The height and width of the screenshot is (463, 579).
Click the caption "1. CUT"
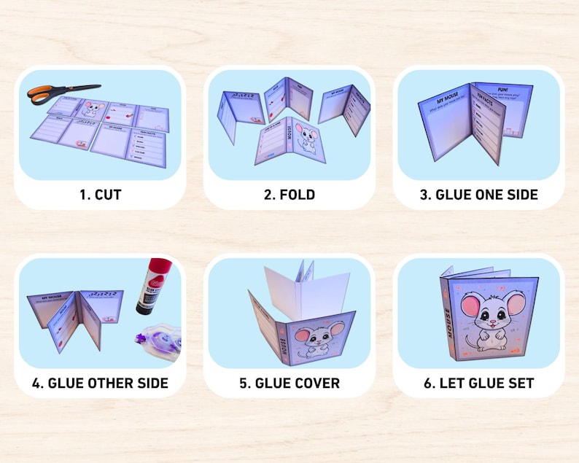coord(100,195)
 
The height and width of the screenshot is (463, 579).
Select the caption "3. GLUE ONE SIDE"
coord(478,195)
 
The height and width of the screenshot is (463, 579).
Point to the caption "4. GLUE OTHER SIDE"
coord(100,383)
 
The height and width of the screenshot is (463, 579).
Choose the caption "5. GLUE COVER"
coord(289,383)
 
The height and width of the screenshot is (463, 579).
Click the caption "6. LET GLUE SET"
coord(478,383)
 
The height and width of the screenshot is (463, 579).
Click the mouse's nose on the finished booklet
coord(491,321)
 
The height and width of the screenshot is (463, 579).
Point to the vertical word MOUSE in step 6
coord(447,321)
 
